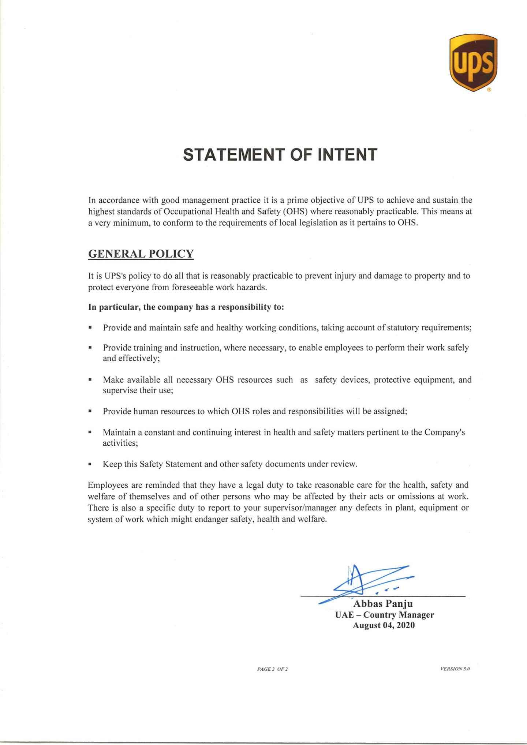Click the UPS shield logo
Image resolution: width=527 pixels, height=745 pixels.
(473, 63)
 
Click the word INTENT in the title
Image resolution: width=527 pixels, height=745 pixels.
(347, 155)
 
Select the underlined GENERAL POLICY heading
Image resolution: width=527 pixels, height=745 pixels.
(141, 254)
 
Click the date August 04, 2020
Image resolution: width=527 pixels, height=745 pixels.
(384, 625)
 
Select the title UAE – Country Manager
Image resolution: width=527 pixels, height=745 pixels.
(384, 615)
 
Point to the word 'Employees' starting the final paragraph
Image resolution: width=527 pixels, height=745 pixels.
(108, 485)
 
